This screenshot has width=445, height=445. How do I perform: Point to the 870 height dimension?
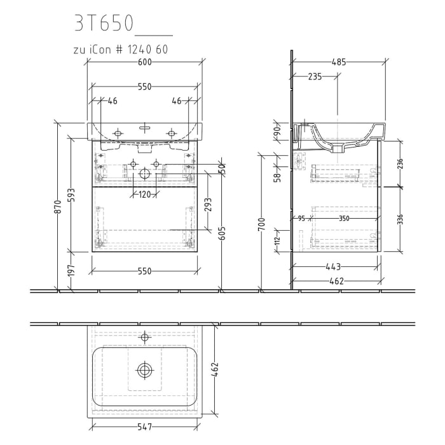[58, 206]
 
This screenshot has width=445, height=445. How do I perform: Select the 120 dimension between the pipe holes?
[145, 195]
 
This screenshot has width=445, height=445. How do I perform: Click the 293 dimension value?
[208, 205]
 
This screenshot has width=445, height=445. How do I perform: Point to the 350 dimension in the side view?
[343, 218]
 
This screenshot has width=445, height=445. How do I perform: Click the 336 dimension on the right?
[400, 219]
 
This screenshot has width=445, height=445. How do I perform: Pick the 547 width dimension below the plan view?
[145, 428]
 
